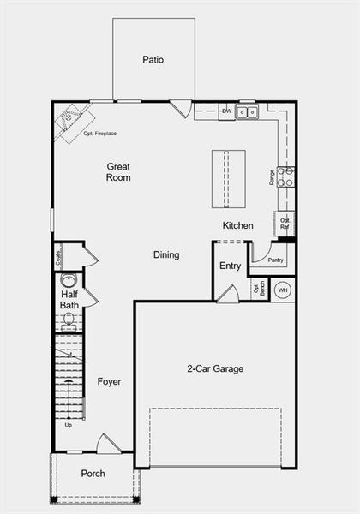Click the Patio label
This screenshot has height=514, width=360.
(x=153, y=60)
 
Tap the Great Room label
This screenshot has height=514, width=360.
(x=118, y=171)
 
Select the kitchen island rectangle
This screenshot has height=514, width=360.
(x=229, y=179)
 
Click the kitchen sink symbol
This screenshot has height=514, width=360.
(x=247, y=111)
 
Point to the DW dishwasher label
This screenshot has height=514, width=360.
(x=226, y=111)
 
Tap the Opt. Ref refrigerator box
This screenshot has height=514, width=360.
(x=285, y=223)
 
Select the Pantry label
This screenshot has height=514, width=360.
(x=275, y=260)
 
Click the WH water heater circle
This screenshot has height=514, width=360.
(x=283, y=290)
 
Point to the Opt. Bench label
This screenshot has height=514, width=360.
(x=256, y=289)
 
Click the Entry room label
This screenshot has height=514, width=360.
(x=230, y=266)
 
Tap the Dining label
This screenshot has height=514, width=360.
(x=166, y=254)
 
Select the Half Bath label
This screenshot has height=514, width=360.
(x=69, y=299)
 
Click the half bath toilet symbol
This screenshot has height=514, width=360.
(x=69, y=320)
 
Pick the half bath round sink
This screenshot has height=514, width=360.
(x=69, y=280)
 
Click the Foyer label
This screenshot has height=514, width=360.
(x=109, y=381)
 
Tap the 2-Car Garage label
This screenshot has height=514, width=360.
(x=215, y=369)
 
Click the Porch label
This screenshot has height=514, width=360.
(x=93, y=474)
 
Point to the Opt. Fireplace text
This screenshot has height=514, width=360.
(x=100, y=134)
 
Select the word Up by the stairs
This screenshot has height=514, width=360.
(x=69, y=424)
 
